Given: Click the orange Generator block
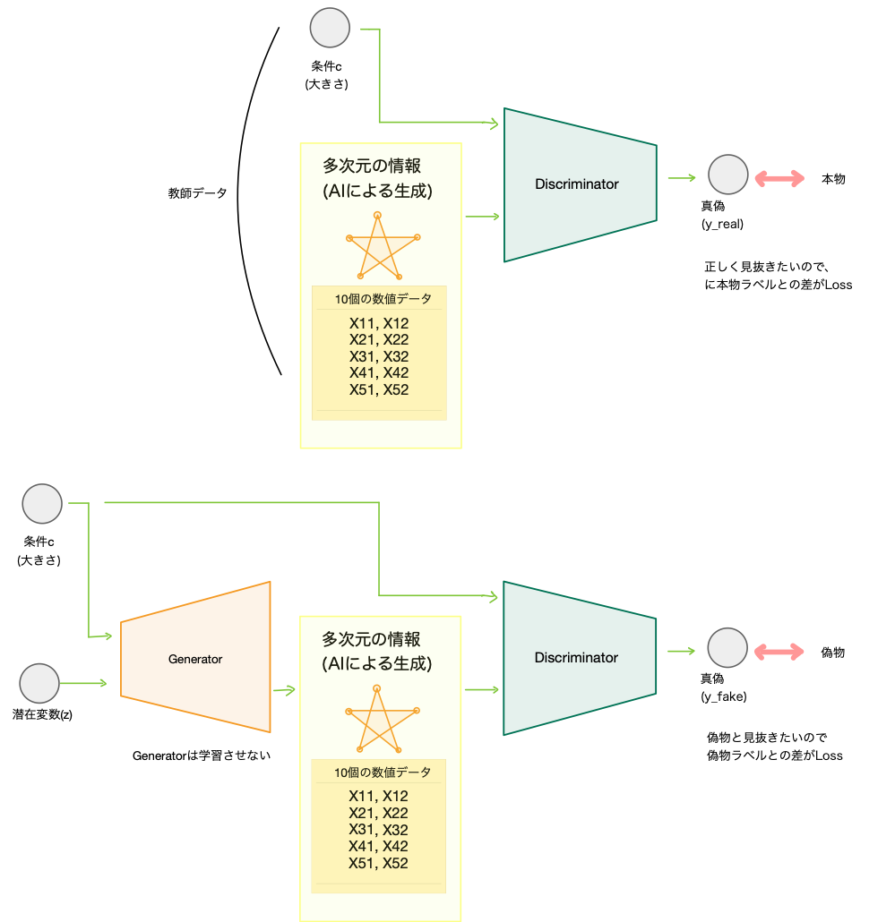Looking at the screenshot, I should click(x=195, y=658).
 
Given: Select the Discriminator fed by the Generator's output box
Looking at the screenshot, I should click(x=579, y=658).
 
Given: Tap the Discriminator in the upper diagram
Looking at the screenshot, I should click(x=579, y=184).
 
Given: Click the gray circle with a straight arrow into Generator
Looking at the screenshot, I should click(x=39, y=683).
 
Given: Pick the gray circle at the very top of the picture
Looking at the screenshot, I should click(x=330, y=28).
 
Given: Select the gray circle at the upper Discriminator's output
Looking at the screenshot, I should click(x=727, y=175).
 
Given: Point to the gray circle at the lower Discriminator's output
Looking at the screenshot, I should click(x=727, y=647).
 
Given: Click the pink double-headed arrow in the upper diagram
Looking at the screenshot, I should click(x=779, y=179).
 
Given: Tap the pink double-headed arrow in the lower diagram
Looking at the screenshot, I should click(x=779, y=652).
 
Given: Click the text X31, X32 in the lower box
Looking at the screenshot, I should click(x=378, y=830).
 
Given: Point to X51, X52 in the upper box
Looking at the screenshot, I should click(x=379, y=389).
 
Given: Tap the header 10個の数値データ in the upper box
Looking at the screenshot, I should click(x=383, y=299).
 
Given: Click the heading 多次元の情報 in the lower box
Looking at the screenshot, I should click(x=371, y=639).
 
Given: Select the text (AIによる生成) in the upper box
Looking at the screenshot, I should click(x=376, y=191).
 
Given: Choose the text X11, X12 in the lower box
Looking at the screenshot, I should click(x=378, y=796).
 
